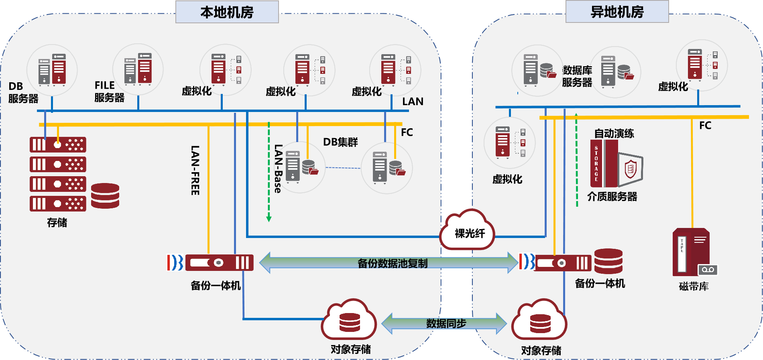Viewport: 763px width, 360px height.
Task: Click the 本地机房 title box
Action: coord(227,12)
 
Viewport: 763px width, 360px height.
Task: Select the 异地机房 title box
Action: coord(617,12)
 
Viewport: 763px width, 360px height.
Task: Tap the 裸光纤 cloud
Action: coord(468,232)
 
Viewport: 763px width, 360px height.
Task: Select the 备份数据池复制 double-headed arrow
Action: coord(389,263)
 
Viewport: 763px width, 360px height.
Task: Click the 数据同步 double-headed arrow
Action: coord(444,323)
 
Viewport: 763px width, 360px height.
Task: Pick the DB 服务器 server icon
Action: coord(52,70)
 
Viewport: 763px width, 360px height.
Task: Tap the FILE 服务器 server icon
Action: coord(138,69)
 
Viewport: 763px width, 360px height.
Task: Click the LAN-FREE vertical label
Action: coord(195,171)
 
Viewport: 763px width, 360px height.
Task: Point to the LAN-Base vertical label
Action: coord(278,169)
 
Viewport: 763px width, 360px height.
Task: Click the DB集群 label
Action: coord(340,142)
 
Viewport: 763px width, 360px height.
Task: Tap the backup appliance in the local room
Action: coord(219,263)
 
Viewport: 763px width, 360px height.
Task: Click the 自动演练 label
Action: coord(614,134)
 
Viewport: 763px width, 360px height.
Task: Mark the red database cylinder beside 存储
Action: coord(105,196)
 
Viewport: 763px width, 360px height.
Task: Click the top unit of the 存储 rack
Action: coord(58,144)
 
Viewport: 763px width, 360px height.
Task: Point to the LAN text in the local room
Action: coord(413,102)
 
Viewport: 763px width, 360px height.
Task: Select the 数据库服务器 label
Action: coord(577,76)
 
